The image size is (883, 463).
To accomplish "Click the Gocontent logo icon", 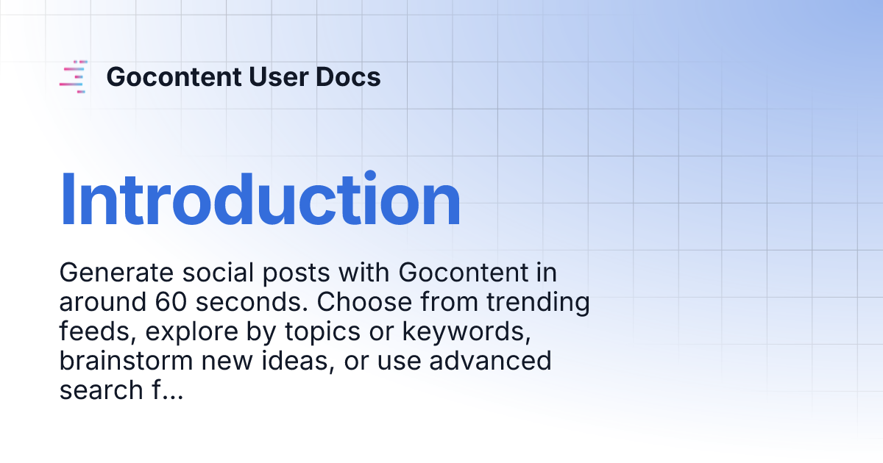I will coord(74,77).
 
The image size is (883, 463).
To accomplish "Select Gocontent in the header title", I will coord(173,77).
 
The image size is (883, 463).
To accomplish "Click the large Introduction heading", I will coord(260,200).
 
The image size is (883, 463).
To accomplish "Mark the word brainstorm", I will coord(127,362).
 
